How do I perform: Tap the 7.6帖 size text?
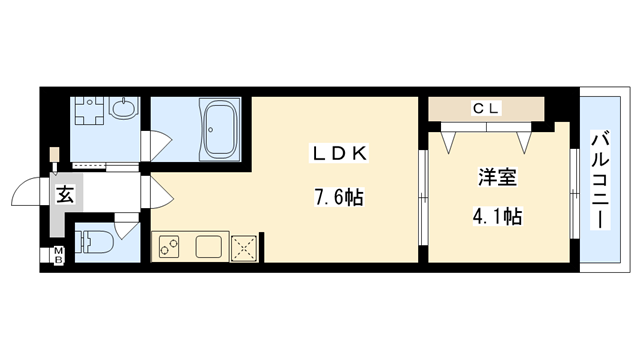coord(334,197)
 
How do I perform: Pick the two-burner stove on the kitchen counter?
coord(167,246)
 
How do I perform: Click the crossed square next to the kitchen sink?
coord(245,247)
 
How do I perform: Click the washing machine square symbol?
coord(93,117)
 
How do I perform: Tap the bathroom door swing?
coord(158,146)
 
